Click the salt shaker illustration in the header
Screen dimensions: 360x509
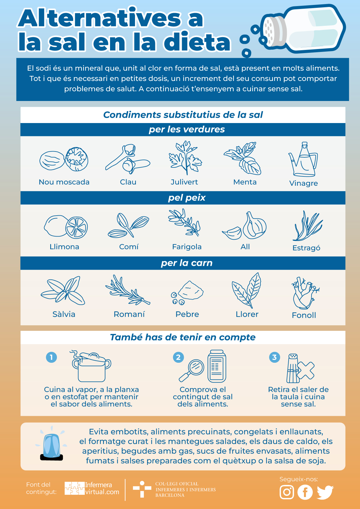tap(303, 29)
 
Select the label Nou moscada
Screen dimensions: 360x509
tap(64, 182)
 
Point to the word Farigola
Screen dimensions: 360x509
tap(187, 247)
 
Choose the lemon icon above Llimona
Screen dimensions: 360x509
tap(66, 227)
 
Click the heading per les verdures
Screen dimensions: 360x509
tap(187, 129)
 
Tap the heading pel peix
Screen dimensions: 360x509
tap(187, 198)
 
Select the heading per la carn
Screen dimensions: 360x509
tap(187, 263)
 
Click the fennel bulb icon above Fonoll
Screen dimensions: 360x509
tap(305, 293)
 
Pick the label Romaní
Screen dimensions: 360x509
tap(129, 314)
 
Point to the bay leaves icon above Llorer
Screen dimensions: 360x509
tap(246, 290)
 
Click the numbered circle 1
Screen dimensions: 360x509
tap(51, 357)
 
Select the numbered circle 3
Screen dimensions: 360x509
tap(274, 357)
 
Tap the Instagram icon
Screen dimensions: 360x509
tap(287, 492)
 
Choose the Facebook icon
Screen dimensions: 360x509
tap(305, 492)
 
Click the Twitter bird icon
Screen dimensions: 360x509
tap(325, 492)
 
